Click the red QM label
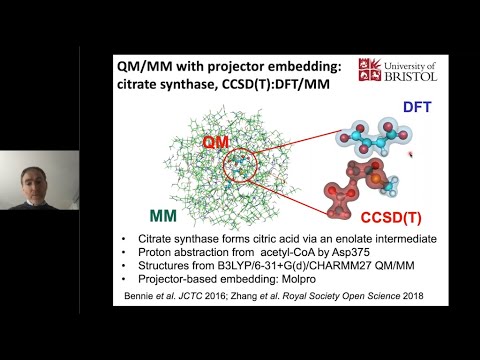click(x=217, y=143)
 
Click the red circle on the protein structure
click(x=240, y=166)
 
